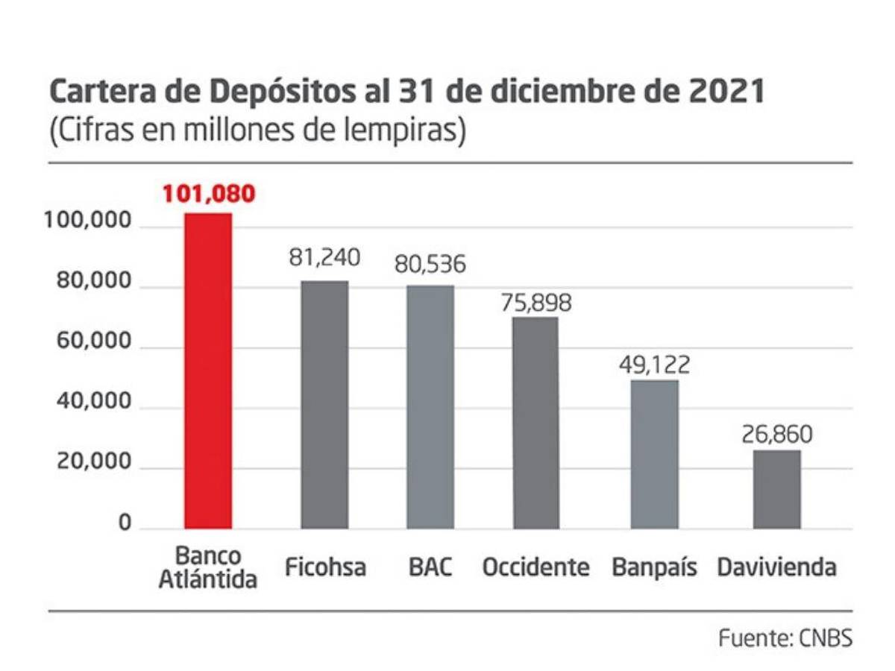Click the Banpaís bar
655,454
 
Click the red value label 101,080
209,195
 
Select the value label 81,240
324,258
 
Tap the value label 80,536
430,264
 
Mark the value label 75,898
536,302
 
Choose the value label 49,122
655,365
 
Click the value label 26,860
776,434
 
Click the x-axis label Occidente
536,567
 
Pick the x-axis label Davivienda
776,567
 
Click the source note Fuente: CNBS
785,638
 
